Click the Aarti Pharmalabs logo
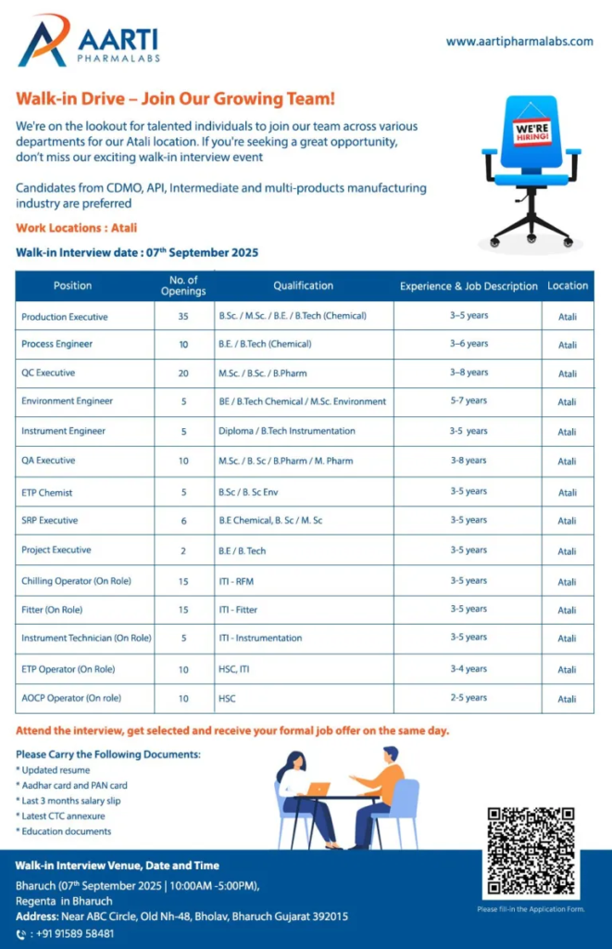[88, 43]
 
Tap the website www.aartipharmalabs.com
[518, 42]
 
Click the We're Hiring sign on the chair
[531, 132]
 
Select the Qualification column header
[303, 285]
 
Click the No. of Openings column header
[183, 285]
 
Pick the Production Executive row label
[64, 316]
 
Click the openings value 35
[183, 316]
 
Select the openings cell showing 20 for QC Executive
[183, 373]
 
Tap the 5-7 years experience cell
[468, 401]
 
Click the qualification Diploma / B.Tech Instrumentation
[286, 431]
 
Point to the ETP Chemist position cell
[46, 492]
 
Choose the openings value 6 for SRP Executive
[183, 521]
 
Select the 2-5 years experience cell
[468, 698]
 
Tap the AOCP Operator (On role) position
[71, 698]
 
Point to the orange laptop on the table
[318, 789]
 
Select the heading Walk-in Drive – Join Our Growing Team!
[175, 98]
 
